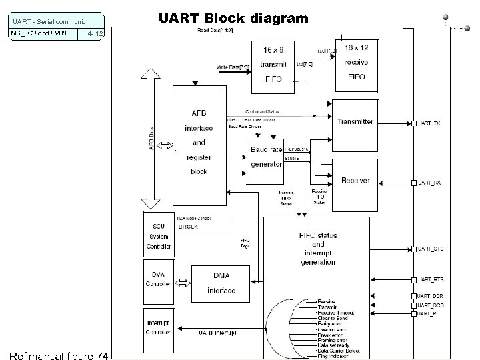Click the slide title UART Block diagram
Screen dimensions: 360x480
click(233, 18)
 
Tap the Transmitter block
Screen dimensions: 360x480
click(355, 122)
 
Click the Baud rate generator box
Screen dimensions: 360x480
click(266, 157)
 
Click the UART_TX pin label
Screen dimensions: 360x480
click(429, 123)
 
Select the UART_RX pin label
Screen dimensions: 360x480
click(429, 182)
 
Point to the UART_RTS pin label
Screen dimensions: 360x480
click(430, 279)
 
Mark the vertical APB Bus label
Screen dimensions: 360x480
click(152, 139)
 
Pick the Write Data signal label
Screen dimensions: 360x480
click(233, 67)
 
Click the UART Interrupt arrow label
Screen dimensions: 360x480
click(218, 331)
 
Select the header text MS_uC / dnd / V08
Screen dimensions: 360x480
click(38, 33)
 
